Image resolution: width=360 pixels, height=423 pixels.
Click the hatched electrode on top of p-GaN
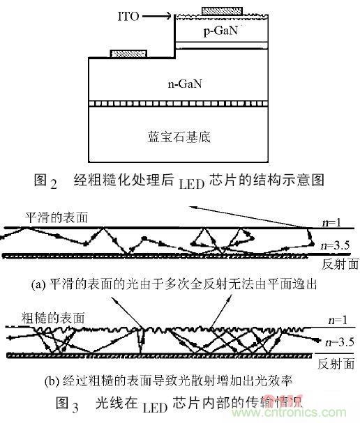point(223,10)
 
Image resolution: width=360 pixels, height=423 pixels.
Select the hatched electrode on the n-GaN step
point(128,53)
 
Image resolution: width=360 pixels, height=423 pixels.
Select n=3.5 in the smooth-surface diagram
point(336,245)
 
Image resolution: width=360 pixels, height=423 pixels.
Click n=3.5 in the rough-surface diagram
point(336,342)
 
